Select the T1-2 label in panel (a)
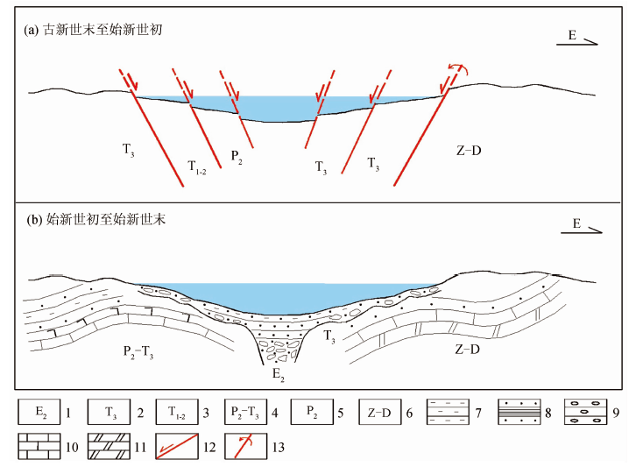click(196, 166)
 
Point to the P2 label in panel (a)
click(237, 155)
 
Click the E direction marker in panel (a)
click(578, 38)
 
